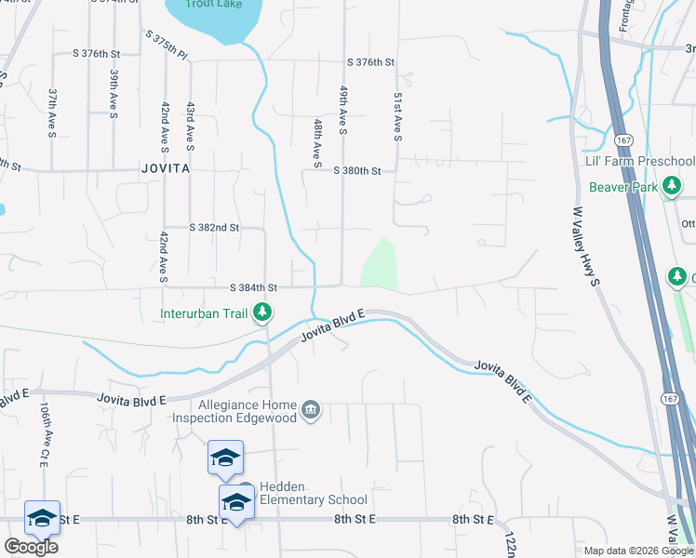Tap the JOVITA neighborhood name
[x=166, y=169]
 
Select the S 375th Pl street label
[x=167, y=42]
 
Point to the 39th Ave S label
[x=114, y=93]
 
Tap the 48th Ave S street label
[x=317, y=138]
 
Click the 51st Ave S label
[x=397, y=116]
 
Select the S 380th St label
[x=358, y=170]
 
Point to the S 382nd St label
[x=214, y=227]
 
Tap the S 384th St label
[x=254, y=287]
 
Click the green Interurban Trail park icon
[x=263, y=312]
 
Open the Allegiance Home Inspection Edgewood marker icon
[x=312, y=410]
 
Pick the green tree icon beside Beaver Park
[x=672, y=187]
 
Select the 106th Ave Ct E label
[x=44, y=435]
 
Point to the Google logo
[x=30, y=547]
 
